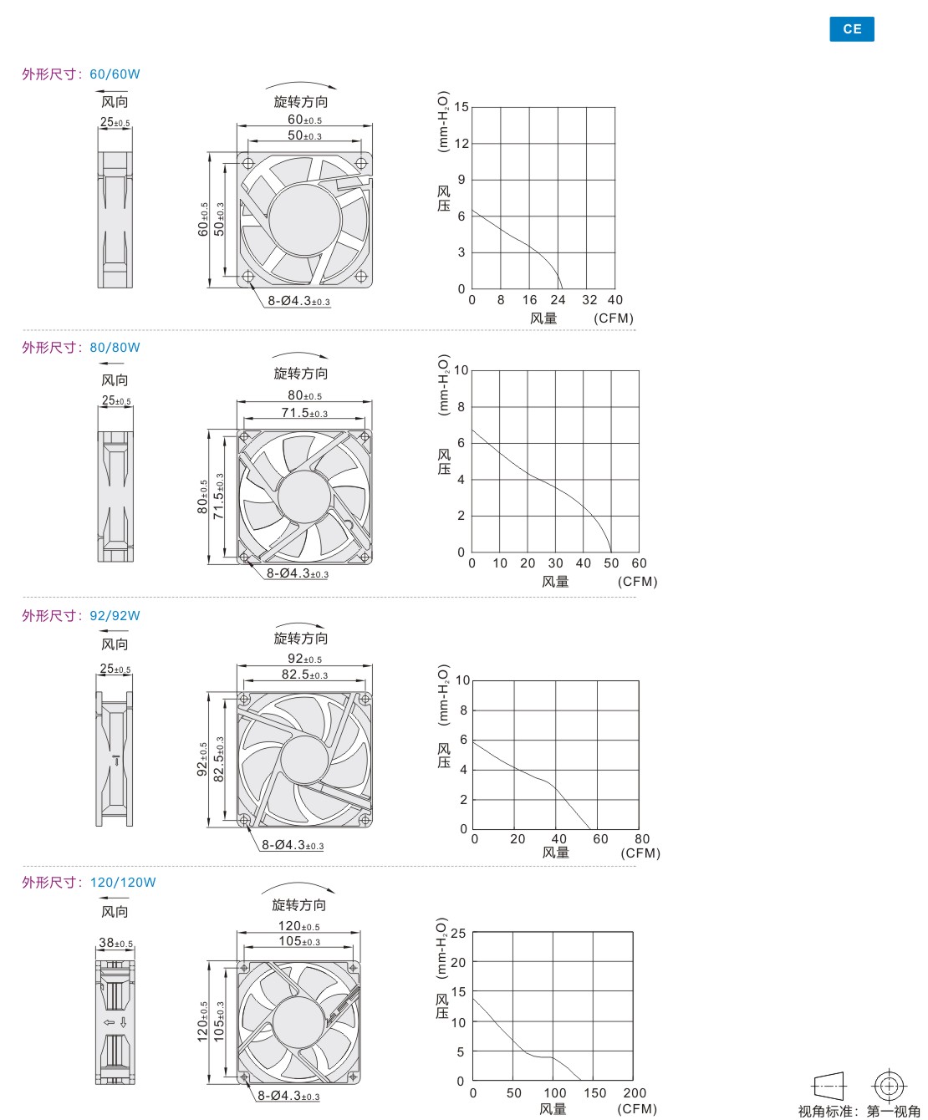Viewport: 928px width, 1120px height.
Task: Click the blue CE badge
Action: [x=851, y=29]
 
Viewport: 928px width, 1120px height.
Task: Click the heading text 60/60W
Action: [x=115, y=74]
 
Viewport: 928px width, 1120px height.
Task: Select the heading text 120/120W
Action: [x=122, y=883]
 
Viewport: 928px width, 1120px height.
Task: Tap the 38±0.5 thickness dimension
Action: [x=115, y=943]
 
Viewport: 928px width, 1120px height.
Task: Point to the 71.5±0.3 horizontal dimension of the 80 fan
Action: [x=304, y=413]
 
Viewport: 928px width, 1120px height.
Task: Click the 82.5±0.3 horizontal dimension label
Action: [x=304, y=674]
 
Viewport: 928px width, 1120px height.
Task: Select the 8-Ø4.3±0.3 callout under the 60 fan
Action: [x=299, y=301]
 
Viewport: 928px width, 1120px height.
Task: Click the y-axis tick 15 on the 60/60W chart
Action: [x=461, y=107]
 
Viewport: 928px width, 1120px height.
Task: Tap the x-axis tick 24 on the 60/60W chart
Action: [x=558, y=300]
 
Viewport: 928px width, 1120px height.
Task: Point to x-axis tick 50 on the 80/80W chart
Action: [x=611, y=563]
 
